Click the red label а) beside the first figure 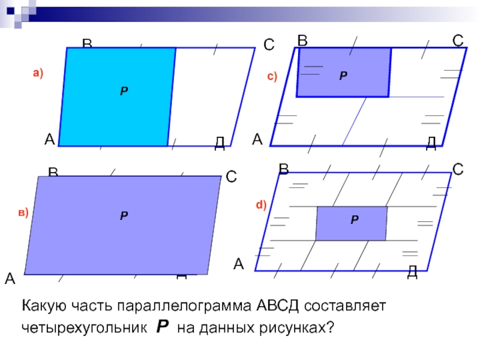pyautogui.click(x=38, y=73)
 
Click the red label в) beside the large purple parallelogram pyautogui.click(x=23, y=213)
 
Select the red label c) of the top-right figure pyautogui.click(x=272, y=77)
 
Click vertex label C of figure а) pyautogui.click(x=269, y=46)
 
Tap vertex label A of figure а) pyautogui.click(x=50, y=140)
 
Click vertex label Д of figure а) pyautogui.click(x=220, y=142)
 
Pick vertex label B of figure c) pyautogui.click(x=302, y=41)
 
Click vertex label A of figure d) pyautogui.click(x=239, y=264)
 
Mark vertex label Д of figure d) pyautogui.click(x=412, y=272)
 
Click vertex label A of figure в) pyautogui.click(x=10, y=278)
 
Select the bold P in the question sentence pyautogui.click(x=162, y=327)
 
